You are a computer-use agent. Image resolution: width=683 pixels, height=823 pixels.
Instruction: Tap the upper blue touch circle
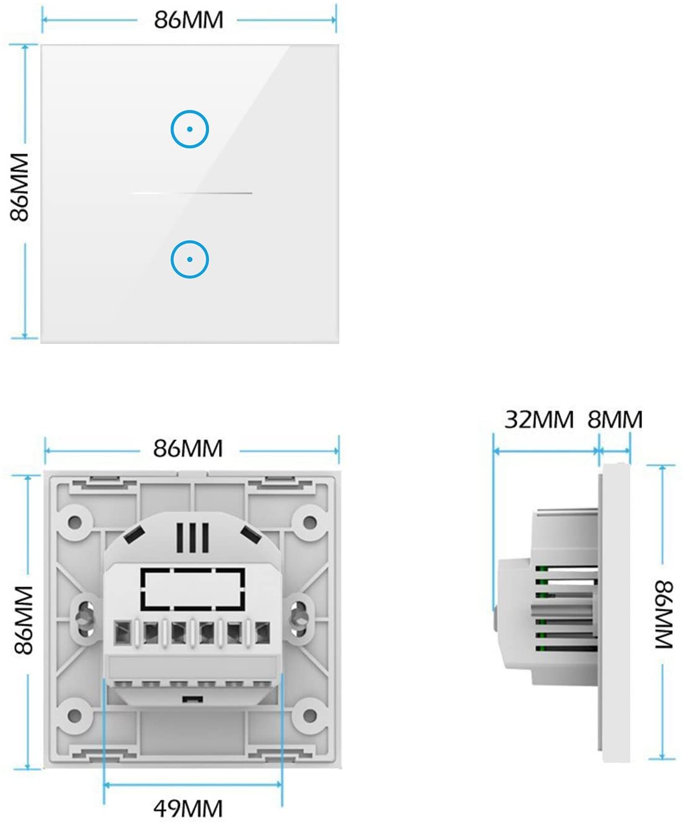pos(190,129)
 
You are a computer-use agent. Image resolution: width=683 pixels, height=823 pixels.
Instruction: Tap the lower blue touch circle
pos(190,259)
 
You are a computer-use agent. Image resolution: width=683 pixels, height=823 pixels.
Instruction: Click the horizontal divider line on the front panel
pos(192,193)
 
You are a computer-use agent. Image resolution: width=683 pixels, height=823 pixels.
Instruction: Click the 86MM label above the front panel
pos(189,20)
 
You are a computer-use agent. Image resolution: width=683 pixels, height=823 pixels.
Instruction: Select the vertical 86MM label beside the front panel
pos(20,187)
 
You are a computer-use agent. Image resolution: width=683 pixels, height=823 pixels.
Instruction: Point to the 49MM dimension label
pos(188,809)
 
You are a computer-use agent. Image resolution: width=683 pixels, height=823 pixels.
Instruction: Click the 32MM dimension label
pos(539,420)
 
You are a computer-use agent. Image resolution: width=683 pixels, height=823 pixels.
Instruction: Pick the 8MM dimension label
pos(615,420)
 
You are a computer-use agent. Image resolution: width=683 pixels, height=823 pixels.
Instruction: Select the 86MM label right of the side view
pos(664,614)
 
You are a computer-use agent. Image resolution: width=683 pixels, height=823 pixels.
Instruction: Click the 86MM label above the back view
pos(188,448)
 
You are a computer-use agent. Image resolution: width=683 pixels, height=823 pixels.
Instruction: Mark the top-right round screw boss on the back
pos(308,521)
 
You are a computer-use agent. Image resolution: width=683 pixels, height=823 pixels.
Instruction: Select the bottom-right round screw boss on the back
pos(308,715)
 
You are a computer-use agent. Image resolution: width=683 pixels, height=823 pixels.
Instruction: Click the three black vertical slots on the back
pos(192,537)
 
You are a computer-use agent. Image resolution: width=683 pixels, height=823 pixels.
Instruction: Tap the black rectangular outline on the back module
pos(193,588)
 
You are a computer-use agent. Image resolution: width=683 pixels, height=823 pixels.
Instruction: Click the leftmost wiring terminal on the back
pos(122,633)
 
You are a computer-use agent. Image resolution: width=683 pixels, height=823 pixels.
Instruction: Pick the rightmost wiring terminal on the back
pos(262,633)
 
